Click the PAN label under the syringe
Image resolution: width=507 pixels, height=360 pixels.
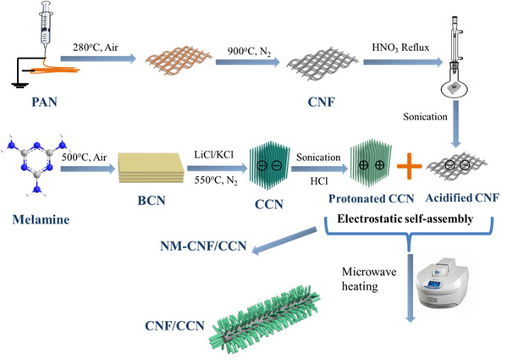click(44, 102)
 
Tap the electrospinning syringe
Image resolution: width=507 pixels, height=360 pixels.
click(47, 27)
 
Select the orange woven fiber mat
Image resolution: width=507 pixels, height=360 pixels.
click(179, 60)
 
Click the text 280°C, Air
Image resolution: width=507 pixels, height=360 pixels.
click(96, 47)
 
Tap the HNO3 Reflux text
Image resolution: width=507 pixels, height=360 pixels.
click(400, 47)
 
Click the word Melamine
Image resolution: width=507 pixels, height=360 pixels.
click(41, 219)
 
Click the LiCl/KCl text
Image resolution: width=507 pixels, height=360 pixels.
click(214, 154)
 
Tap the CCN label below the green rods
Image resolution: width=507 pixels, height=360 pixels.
click(269, 204)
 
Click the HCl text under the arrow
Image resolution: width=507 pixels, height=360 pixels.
click(319, 181)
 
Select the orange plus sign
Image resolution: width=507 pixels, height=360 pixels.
click(410, 166)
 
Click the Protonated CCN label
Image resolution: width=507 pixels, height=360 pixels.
click(372, 198)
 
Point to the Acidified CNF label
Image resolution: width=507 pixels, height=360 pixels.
click(462, 197)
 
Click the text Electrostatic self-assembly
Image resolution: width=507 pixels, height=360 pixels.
click(405, 219)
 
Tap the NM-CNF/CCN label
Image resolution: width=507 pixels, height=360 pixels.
click(203, 246)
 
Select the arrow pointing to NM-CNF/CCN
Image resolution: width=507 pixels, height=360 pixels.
click(284, 241)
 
